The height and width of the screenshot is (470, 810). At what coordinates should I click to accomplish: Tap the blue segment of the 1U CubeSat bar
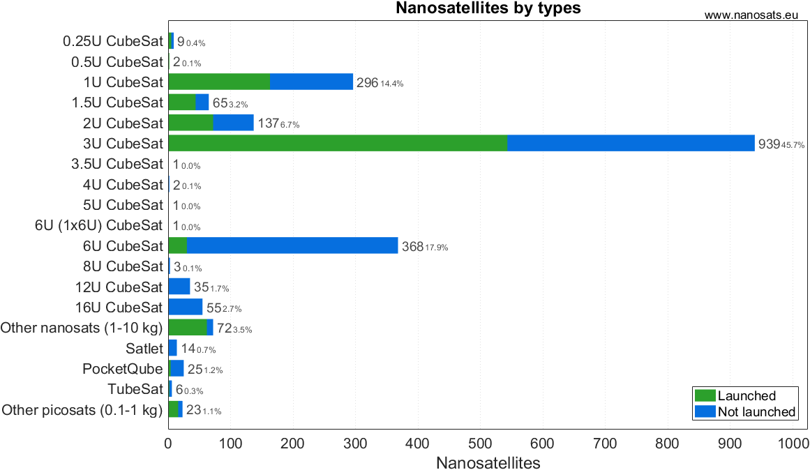311,82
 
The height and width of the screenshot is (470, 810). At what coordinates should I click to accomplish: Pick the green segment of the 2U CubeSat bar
190,123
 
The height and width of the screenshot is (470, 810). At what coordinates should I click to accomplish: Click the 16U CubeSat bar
185,307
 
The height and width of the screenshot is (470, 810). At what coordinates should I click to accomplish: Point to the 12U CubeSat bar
179,287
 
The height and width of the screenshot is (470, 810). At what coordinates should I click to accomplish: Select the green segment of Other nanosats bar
187,327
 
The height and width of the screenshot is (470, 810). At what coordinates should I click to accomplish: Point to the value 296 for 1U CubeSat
367,83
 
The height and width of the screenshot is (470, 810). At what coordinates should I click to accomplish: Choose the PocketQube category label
123,368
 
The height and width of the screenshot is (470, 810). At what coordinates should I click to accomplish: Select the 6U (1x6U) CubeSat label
98,225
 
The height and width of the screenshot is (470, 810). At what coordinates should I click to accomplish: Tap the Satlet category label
144,348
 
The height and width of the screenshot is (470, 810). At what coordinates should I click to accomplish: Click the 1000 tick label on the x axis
793,444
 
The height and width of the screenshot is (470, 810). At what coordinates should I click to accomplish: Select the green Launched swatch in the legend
705,396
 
